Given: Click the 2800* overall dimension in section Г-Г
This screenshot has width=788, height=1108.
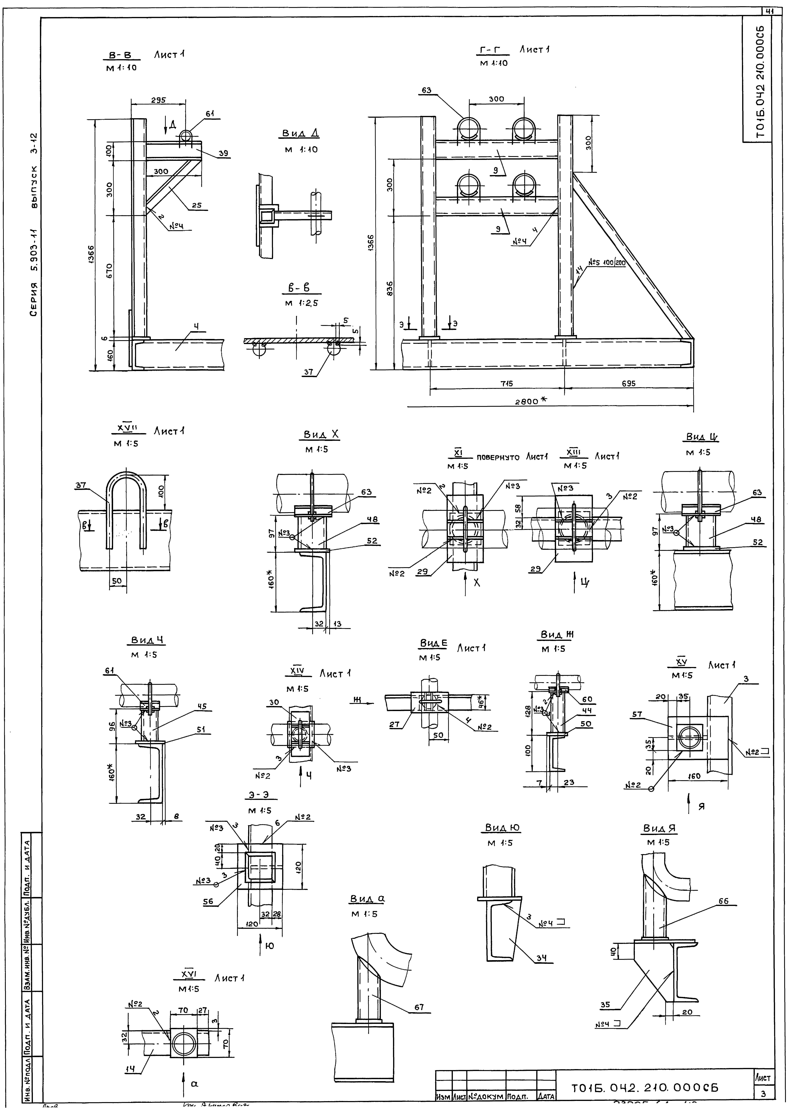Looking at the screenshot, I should (532, 400).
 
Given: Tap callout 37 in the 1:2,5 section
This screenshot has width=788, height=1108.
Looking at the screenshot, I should (309, 372).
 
